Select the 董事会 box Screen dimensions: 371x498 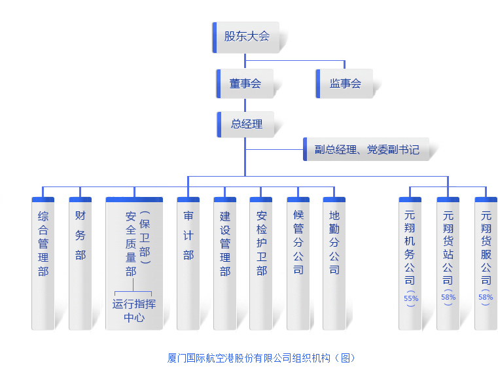[x=245, y=84]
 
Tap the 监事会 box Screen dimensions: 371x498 [x=345, y=84]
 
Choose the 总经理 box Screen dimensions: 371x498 [x=246, y=124]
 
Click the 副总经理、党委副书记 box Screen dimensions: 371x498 [x=366, y=149]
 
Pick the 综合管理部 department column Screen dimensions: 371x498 [x=43, y=262]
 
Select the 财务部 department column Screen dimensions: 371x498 [x=80, y=262]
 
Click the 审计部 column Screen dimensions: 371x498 [x=188, y=262]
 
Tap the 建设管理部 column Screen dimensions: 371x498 [x=225, y=262]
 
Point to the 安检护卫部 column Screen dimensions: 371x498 [x=261, y=262]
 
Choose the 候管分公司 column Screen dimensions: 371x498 [x=298, y=262]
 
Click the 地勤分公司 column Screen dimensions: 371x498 [x=334, y=262]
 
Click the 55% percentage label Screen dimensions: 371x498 [x=411, y=298]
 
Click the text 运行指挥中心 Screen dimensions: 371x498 [x=134, y=311]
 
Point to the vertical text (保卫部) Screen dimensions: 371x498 [x=145, y=237]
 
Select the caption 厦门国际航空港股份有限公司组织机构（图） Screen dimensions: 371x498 [x=261, y=358]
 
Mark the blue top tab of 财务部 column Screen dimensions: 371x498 [x=80, y=199]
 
